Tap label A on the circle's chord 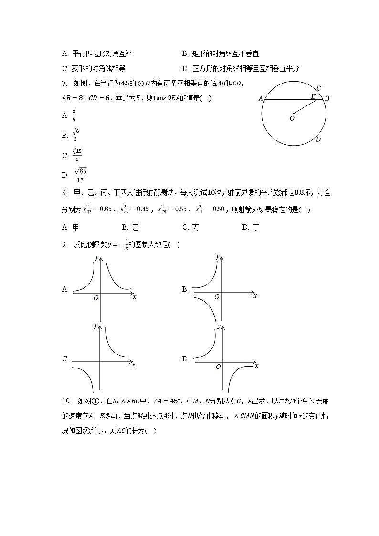click(x=261, y=99)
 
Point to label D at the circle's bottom click(x=318, y=139)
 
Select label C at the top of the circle click(x=318, y=88)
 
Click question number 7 click(x=65, y=84)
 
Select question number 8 click(x=65, y=193)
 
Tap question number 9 click(x=65, y=245)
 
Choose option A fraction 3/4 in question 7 click(x=74, y=115)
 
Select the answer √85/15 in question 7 click(x=80, y=175)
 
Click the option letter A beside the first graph click(x=65, y=289)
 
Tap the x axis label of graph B click(x=255, y=296)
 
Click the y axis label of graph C click(x=96, y=326)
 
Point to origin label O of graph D click(x=218, y=367)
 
